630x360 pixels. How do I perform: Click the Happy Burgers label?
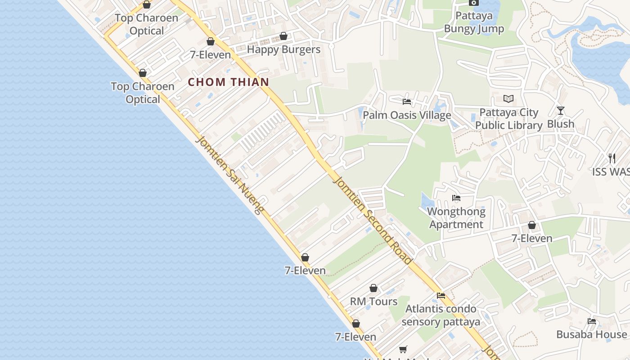[x=283, y=49]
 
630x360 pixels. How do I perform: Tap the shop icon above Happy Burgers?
[x=283, y=36]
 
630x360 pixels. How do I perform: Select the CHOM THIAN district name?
[x=229, y=82]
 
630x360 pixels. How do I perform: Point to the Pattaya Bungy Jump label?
[x=474, y=22]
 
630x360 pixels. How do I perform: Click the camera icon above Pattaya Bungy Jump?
[x=473, y=3]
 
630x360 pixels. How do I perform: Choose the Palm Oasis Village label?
[x=407, y=115]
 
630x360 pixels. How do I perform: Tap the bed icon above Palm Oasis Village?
[x=407, y=101]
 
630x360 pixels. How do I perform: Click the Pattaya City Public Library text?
[x=509, y=119]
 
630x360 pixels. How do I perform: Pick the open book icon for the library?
[x=508, y=99]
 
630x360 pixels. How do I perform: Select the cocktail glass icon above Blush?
[x=560, y=110]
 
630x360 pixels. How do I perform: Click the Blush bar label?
[x=561, y=124]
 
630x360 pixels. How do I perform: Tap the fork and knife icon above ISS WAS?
[x=612, y=158]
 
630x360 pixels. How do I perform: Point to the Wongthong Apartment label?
[x=456, y=218]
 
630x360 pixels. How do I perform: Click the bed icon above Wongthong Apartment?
[x=456, y=198]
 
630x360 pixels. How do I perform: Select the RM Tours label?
[x=373, y=301]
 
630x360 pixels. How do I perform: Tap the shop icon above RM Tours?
[x=373, y=288]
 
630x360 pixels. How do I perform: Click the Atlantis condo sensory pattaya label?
[x=441, y=315]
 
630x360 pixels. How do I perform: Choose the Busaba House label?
[x=591, y=334]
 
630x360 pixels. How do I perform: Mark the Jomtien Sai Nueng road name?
[x=229, y=175]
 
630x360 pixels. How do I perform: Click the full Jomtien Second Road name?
[x=372, y=220]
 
